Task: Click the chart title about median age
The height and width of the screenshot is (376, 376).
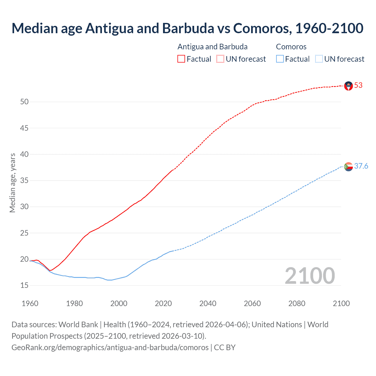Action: tap(187, 28)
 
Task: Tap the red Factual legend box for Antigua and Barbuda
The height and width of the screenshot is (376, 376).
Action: tap(181, 59)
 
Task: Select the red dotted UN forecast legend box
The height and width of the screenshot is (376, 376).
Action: tap(220, 59)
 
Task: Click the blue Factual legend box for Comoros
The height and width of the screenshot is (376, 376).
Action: tap(280, 59)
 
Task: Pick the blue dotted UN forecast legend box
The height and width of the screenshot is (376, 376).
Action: tap(319, 59)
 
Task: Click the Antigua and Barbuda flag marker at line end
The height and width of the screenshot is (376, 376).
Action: tap(348, 86)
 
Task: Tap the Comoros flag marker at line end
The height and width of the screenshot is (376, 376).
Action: tap(348, 167)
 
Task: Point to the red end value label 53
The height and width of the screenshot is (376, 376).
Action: tap(358, 85)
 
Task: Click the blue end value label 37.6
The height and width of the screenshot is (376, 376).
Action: tap(361, 166)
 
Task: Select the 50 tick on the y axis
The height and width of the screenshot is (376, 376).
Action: tap(24, 102)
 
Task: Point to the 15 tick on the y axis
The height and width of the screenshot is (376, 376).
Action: tap(24, 286)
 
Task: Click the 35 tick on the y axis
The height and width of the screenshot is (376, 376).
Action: tap(24, 180)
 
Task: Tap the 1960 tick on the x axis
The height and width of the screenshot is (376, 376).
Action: tap(30, 303)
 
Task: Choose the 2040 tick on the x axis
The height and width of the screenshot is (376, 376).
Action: tap(208, 303)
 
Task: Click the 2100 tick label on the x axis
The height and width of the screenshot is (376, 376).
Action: tap(341, 303)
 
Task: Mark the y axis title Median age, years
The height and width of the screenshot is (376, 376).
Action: tap(12, 183)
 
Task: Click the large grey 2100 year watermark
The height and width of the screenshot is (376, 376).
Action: tap(310, 276)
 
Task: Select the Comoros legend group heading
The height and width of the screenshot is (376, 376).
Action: tap(291, 47)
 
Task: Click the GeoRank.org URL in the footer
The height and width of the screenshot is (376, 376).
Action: tap(110, 348)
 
